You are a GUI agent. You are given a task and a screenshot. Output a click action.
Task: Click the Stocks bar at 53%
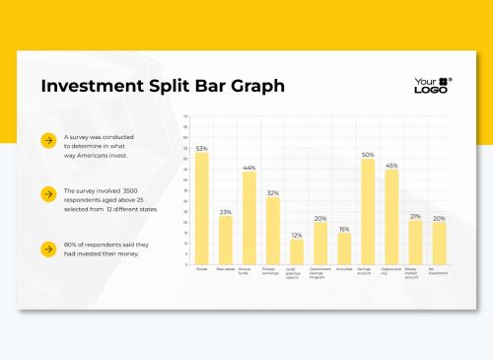[202, 208]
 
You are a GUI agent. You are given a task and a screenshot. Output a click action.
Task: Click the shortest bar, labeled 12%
[297, 252]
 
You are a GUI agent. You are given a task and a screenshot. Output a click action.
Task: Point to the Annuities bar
[344, 249]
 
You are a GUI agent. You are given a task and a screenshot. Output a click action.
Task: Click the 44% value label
[249, 167]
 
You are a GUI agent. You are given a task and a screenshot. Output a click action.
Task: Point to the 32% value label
[273, 192]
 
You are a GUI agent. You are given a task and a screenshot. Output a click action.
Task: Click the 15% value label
[344, 229]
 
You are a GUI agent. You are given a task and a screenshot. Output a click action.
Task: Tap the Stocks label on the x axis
[202, 268]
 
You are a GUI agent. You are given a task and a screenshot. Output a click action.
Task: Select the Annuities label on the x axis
[344, 268]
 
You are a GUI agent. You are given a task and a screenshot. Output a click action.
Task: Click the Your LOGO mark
[433, 85]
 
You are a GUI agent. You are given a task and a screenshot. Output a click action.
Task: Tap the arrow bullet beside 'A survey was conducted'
[47, 141]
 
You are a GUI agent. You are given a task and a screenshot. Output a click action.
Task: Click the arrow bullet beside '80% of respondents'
[47, 249]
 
